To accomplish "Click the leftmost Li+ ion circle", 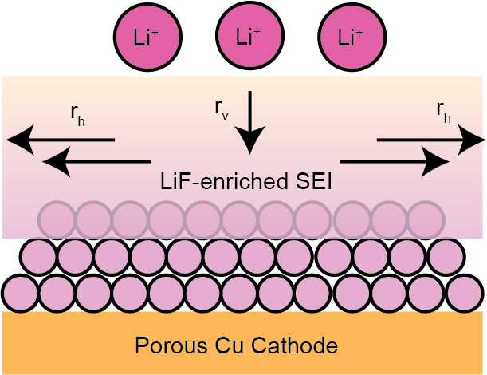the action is pyautogui.click(x=147, y=37).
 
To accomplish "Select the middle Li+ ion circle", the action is pyautogui.click(x=250, y=35).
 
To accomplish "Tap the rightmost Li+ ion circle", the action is pyautogui.click(x=352, y=37).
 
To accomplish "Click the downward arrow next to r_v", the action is pyautogui.click(x=249, y=123).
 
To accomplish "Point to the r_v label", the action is pyautogui.click(x=222, y=110).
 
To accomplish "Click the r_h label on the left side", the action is pyautogui.click(x=77, y=116).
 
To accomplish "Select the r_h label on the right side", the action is pyautogui.click(x=443, y=112).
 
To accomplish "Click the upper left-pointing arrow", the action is pyautogui.click(x=61, y=140).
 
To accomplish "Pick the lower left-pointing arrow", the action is pyautogui.click(x=96, y=162).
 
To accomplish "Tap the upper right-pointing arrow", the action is pyautogui.click(x=431, y=140).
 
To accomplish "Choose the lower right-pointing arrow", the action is pyautogui.click(x=395, y=162).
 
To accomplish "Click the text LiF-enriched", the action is pyautogui.click(x=224, y=181).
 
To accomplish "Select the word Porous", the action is pyautogui.click(x=171, y=345).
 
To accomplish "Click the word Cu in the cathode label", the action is pyautogui.click(x=229, y=345).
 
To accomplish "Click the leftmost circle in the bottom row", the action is pyautogui.click(x=21, y=294).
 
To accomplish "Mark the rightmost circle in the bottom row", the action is pyautogui.click(x=465, y=294).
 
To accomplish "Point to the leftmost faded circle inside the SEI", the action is pyautogui.click(x=57, y=220).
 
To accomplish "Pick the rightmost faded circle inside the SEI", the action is pyautogui.click(x=426, y=220).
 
